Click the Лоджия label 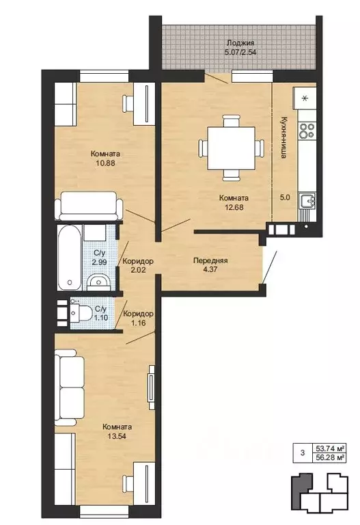pyautogui.click(x=240, y=43)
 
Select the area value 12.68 pyautogui.click(x=234, y=207)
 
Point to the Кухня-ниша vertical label pyautogui.click(x=283, y=137)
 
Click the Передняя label pyautogui.click(x=210, y=260)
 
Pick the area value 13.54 pyautogui.click(x=117, y=436)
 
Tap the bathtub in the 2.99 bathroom pyautogui.click(x=69, y=258)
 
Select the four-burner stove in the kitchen pyautogui.click(x=307, y=131)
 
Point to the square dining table pyautogui.click(x=231, y=148)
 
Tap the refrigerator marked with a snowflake pyautogui.click(x=305, y=98)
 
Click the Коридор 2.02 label pyautogui.click(x=137, y=265)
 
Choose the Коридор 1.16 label pyautogui.click(x=138, y=319)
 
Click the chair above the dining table pyautogui.click(x=231, y=120)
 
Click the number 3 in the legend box pyautogui.click(x=303, y=453)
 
